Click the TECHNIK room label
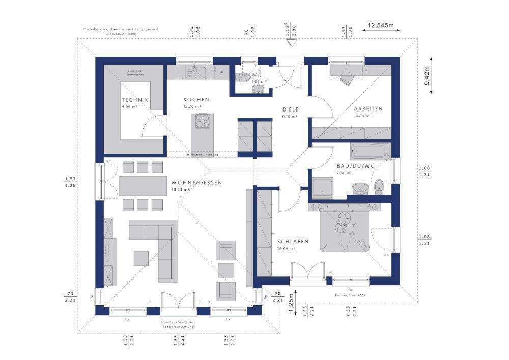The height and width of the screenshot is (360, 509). pyautogui.click(x=135, y=100)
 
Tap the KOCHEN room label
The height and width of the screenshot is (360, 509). pyautogui.click(x=196, y=100)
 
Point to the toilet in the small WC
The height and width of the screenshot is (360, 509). pyautogui.click(x=243, y=78)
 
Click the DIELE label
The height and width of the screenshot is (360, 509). pyautogui.click(x=291, y=109)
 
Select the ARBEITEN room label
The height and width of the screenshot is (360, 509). pyautogui.click(x=369, y=109)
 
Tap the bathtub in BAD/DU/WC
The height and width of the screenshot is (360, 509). pyautogui.click(x=370, y=151)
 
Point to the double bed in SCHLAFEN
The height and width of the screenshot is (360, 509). pyautogui.click(x=344, y=228)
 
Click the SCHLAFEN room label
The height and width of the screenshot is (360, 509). pyautogui.click(x=293, y=242)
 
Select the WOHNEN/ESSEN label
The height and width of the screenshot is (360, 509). pyautogui.click(x=193, y=182)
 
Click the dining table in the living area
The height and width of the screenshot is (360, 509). pyautogui.click(x=143, y=185)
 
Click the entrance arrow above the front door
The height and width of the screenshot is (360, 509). pyautogui.click(x=291, y=44)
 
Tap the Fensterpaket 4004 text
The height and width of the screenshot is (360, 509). pyautogui.click(x=350, y=295)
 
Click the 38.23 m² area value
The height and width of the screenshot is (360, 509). pyautogui.click(x=181, y=190)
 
